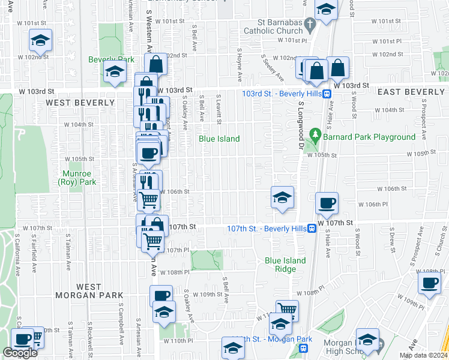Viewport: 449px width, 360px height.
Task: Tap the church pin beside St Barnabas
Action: point(310,25)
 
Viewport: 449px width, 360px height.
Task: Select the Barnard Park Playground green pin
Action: point(313,134)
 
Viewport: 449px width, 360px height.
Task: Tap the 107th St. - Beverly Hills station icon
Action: point(312,229)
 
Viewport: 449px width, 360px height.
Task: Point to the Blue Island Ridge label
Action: point(285,265)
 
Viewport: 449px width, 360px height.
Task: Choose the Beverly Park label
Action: point(112,59)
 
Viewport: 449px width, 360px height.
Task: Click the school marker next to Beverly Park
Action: point(115,72)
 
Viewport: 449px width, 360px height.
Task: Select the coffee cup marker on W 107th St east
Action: point(327,203)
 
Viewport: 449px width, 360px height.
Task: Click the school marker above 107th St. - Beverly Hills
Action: point(281,197)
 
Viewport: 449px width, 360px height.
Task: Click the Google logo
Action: point(20,353)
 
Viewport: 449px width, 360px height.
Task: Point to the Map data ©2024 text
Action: point(423,355)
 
